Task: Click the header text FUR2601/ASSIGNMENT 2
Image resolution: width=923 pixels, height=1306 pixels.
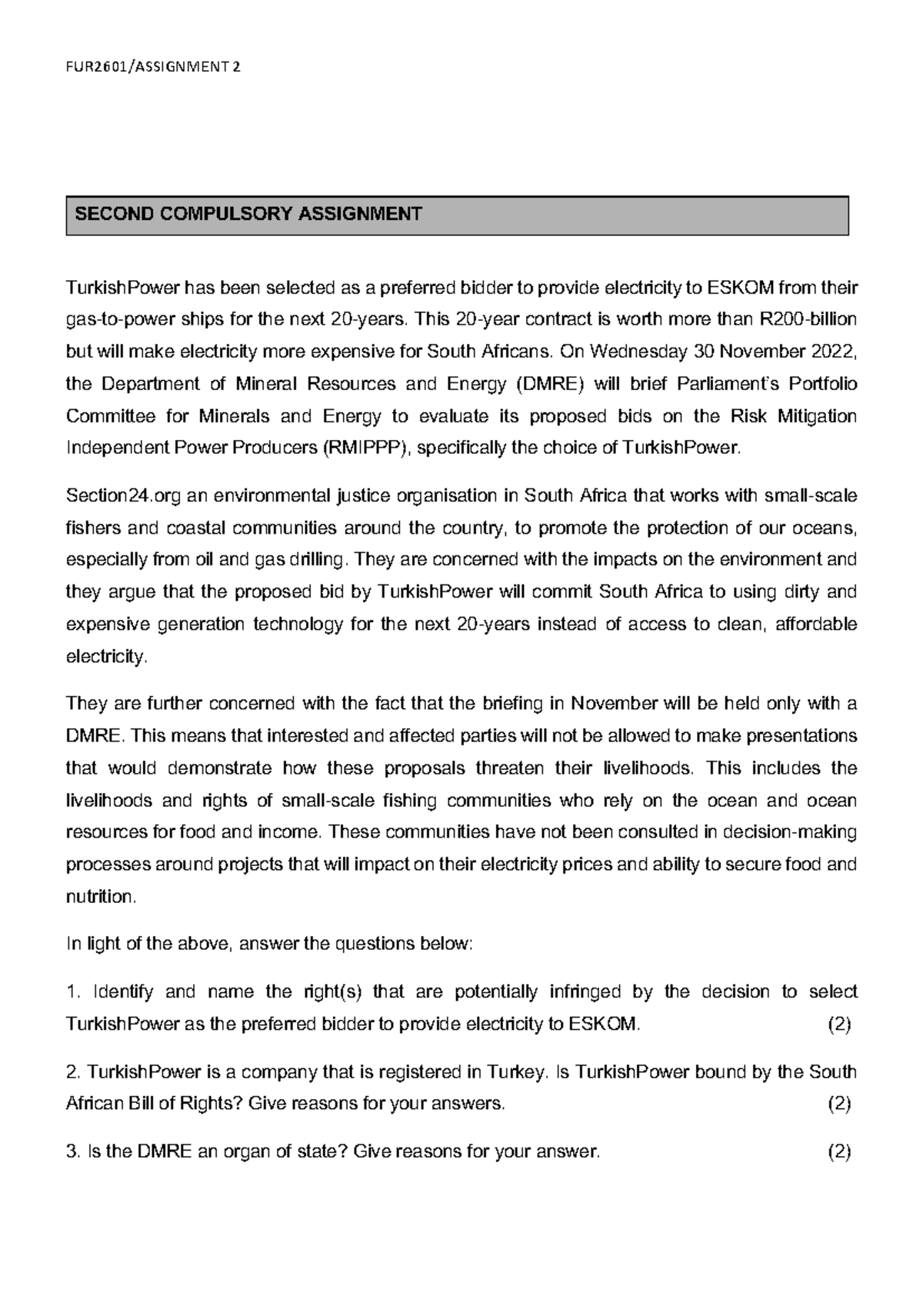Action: coord(153,67)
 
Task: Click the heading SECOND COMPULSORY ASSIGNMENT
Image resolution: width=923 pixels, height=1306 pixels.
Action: coord(248,214)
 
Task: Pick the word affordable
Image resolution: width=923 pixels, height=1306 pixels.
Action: coord(815,624)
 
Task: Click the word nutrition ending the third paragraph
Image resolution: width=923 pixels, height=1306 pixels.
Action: coord(101,897)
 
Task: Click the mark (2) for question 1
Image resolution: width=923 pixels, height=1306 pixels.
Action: coord(838,1024)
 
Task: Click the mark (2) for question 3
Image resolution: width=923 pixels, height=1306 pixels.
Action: coord(838,1152)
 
